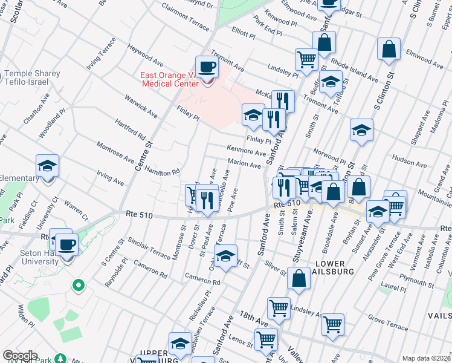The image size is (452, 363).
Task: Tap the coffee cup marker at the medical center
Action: click(206, 67)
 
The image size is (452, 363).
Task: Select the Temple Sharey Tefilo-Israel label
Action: click(32, 78)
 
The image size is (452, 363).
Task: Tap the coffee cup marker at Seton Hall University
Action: click(66, 244)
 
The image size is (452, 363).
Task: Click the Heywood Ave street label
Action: click(146, 55)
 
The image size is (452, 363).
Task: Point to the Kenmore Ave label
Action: click(246, 150)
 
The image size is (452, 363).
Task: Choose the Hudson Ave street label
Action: click(409, 159)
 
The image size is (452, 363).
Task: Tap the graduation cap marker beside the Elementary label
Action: click(47, 167)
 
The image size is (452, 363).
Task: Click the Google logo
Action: click(21, 356)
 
